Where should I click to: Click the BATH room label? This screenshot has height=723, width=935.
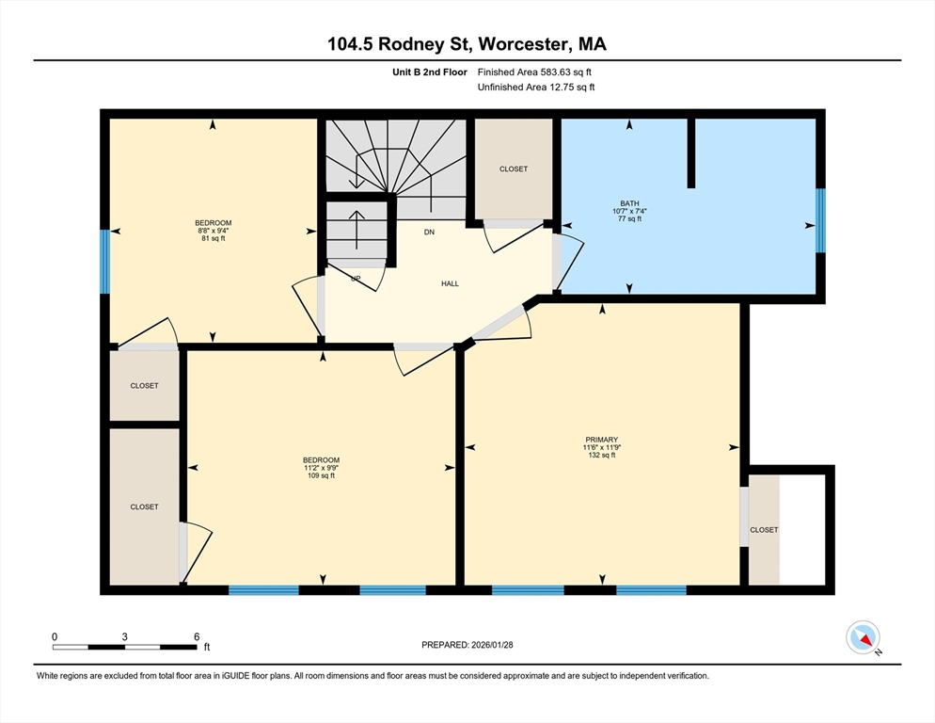click(x=629, y=203)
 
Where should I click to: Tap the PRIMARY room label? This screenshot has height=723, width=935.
click(x=602, y=440)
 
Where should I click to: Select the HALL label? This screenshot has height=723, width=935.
click(x=451, y=283)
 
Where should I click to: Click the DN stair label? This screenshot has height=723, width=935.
click(x=429, y=233)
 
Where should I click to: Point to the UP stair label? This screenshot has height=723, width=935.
click(x=356, y=279)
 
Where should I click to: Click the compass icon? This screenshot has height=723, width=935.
click(x=863, y=637)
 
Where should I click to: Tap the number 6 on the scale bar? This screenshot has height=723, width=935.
click(x=197, y=637)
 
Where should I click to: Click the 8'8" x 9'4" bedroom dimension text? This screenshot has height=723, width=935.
click(x=214, y=231)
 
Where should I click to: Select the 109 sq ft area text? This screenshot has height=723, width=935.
click(x=321, y=475)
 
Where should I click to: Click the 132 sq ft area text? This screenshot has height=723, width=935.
click(x=602, y=455)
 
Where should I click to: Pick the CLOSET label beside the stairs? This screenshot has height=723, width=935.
click(x=514, y=169)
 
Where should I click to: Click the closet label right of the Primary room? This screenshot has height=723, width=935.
click(x=764, y=530)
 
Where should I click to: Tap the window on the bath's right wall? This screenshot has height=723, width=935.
click(x=820, y=220)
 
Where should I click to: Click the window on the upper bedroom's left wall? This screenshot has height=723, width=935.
click(x=105, y=262)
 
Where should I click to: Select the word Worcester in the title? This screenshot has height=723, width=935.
click(x=523, y=44)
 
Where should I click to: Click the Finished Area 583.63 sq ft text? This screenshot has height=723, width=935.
click(x=534, y=72)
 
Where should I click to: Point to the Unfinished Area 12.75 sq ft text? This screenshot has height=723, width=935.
click(x=536, y=88)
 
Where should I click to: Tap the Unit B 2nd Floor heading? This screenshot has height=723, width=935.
click(x=429, y=72)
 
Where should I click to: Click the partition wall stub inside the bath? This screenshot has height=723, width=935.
click(x=691, y=153)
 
